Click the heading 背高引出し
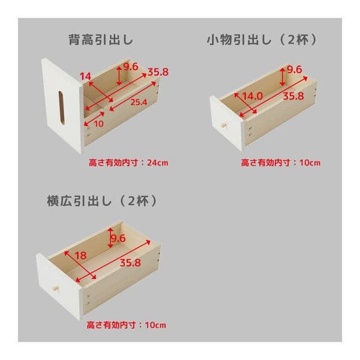point(100,40)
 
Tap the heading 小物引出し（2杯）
point(262,40)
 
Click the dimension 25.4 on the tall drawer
point(137,102)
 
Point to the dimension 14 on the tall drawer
point(85,76)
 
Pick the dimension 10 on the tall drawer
point(99,123)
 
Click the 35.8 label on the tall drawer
point(157,73)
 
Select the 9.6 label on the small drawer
point(294,70)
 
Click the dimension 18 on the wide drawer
point(80,255)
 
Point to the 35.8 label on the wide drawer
point(130,262)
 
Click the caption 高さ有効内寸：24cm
point(127,162)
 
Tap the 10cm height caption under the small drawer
point(281,162)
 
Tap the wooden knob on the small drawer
point(224,127)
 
